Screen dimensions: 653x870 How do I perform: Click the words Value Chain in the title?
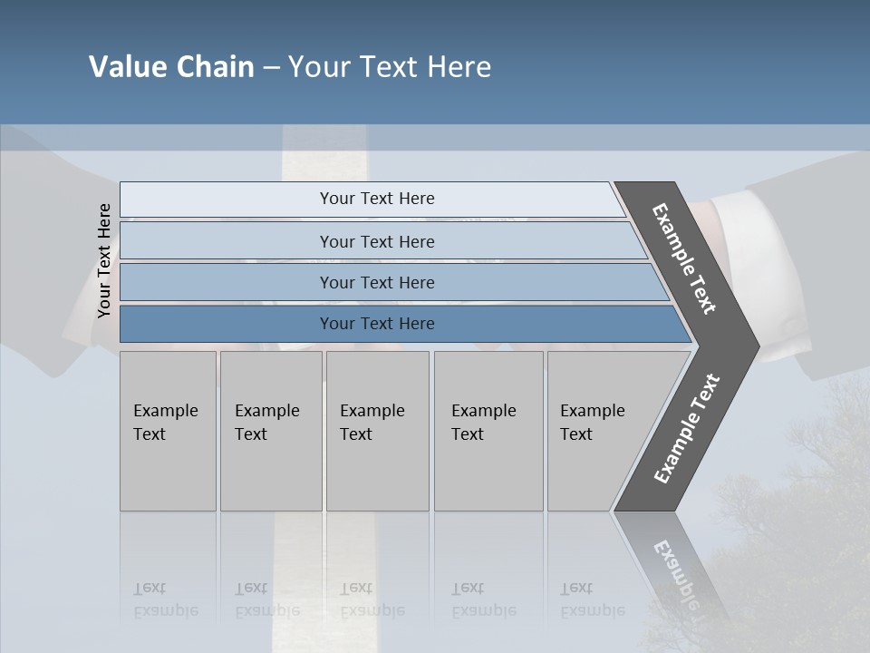tap(171, 67)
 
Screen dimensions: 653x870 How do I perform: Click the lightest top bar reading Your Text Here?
tap(376, 199)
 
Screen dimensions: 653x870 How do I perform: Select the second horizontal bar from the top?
tap(376, 241)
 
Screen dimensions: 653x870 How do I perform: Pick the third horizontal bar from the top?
tap(376, 282)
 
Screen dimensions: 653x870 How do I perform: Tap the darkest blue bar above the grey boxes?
tap(376, 324)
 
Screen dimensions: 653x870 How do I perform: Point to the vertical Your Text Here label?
tap(104, 260)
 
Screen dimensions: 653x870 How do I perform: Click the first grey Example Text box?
tap(168, 431)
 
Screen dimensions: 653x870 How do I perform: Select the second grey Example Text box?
tap(270, 431)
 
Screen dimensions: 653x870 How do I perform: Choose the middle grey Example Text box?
tap(377, 431)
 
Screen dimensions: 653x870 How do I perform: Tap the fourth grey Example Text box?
tap(488, 431)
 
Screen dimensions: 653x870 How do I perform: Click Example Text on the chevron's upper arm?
tap(684, 258)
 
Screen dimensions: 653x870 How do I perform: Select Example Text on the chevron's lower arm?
tap(686, 428)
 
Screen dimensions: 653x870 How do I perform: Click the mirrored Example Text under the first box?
tap(166, 599)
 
